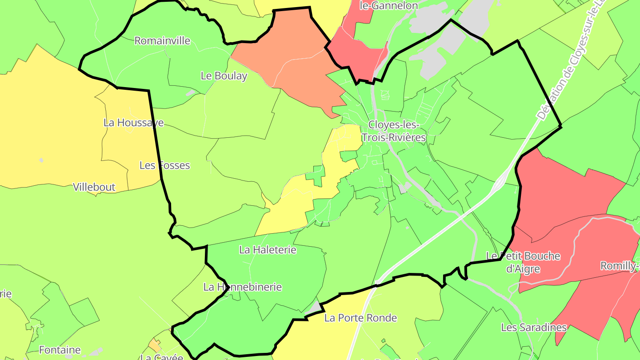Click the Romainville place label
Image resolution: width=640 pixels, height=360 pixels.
tap(162, 41)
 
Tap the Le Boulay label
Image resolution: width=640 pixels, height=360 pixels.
tap(224, 76)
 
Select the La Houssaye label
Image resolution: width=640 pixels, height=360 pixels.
tap(134, 123)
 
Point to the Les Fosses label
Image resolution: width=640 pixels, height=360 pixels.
tap(164, 165)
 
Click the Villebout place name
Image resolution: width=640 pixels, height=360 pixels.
tap(94, 187)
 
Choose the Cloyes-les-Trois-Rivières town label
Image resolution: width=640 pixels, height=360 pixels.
tap(393, 132)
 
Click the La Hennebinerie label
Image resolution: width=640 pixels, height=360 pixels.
tap(243, 287)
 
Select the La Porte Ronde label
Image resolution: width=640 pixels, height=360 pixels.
tap(360, 318)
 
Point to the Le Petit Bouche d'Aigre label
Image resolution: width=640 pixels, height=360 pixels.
tap(523, 262)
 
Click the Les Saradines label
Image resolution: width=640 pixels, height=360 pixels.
tap(534, 328)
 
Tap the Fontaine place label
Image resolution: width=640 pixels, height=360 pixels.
tap(60, 350)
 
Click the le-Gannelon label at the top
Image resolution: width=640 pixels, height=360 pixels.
tap(389, 6)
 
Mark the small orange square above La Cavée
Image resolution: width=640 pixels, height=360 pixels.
tap(155, 345)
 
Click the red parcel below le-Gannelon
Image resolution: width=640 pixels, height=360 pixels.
tap(356, 56)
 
